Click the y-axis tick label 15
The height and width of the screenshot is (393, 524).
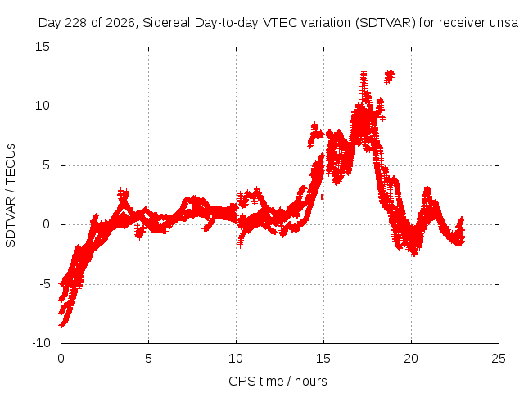[43, 47]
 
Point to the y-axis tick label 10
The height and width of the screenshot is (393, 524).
[43, 106]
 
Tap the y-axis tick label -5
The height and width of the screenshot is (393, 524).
[44, 284]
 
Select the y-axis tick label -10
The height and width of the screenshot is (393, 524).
[41, 343]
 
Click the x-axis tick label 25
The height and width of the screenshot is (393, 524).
[499, 359]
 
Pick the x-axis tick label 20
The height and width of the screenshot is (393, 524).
[411, 359]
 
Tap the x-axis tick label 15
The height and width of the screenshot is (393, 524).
[323, 359]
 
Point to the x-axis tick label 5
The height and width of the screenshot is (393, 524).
[148, 359]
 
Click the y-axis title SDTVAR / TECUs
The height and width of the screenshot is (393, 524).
[11, 196]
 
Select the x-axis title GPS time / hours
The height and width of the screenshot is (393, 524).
[278, 381]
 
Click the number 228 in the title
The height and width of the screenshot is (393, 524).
[76, 23]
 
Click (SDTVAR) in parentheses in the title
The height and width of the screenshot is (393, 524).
[386, 23]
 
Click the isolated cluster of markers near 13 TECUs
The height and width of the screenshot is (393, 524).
[390, 76]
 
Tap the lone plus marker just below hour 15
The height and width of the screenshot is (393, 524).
[322, 196]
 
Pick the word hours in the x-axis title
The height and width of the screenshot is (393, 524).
[311, 381]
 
